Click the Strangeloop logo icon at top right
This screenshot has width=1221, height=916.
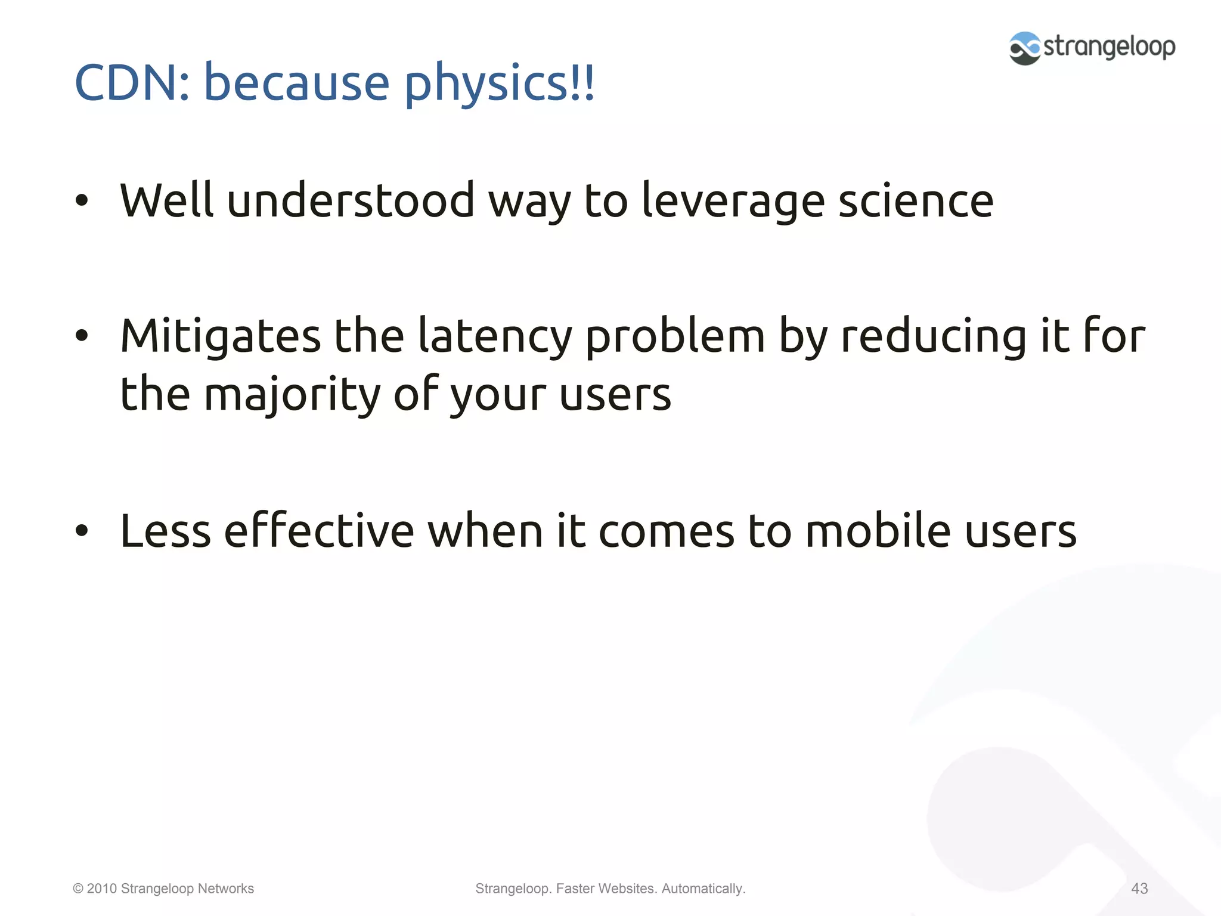[x=1024, y=48]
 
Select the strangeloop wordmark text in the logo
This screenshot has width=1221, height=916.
[x=1109, y=47]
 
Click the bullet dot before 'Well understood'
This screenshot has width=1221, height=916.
[x=82, y=201]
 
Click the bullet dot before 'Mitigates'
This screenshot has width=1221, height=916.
[x=82, y=336]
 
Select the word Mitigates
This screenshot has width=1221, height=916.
[x=220, y=336]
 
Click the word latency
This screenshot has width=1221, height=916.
[x=494, y=336]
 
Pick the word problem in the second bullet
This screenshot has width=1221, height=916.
[x=674, y=336]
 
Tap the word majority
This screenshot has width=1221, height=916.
[x=292, y=395]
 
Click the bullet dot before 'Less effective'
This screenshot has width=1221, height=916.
[x=82, y=531]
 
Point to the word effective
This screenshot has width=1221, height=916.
[x=318, y=531]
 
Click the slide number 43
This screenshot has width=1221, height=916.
[x=1139, y=889]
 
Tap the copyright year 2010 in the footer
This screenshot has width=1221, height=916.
[x=102, y=889]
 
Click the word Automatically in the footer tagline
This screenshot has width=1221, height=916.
[x=703, y=889]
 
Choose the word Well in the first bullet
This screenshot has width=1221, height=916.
[x=166, y=202]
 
